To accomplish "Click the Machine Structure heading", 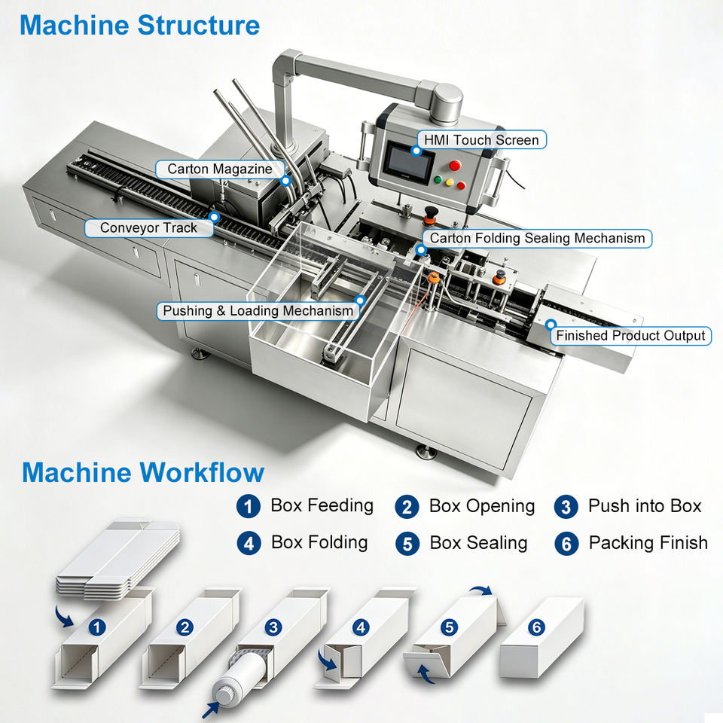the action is [139, 25].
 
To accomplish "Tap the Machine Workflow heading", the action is [143, 472].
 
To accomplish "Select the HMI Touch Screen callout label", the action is [481, 140].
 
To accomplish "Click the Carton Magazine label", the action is [219, 169].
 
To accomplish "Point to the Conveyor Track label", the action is [148, 227].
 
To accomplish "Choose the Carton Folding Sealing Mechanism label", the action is [537, 238].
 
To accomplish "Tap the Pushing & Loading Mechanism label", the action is [258, 311].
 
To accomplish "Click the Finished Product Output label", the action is [630, 335].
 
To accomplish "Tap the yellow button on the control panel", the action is [449, 182].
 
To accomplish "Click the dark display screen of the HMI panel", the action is [408, 160].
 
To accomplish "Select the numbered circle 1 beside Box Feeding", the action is [248, 506].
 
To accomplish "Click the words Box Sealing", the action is [478, 543].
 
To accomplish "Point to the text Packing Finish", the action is [648, 543].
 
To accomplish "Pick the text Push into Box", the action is [645, 506].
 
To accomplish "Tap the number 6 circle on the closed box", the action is [536, 627].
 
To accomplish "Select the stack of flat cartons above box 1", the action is [117, 560].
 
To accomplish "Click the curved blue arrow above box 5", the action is [481, 590].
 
